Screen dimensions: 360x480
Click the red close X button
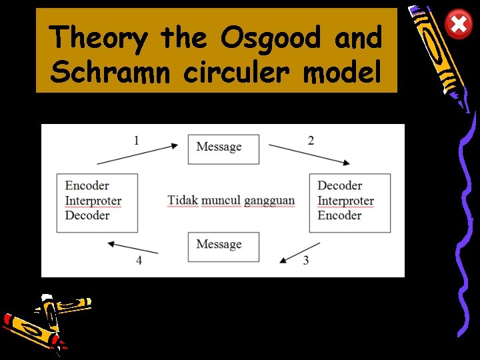pos(459,25)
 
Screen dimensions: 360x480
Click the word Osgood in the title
pos(274,37)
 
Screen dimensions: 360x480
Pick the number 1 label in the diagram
pos(136,140)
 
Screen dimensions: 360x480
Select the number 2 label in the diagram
pos(311,140)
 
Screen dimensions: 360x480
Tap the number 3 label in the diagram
pos(306,260)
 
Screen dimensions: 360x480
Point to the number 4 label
pos(139,260)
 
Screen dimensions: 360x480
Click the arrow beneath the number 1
pos(138,153)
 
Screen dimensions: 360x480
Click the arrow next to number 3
pos(299,251)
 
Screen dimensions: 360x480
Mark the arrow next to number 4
pos(133,247)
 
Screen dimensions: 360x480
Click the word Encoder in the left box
pos(87,186)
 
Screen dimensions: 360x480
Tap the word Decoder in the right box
pos(339,186)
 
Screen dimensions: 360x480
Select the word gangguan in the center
pos(269,201)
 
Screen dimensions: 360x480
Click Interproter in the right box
pos(345,201)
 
